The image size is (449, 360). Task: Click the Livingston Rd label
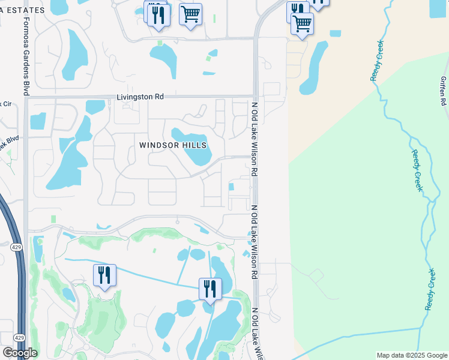click(x=140, y=97)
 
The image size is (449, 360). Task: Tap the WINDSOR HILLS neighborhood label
click(x=173, y=145)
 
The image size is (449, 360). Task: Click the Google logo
click(x=19, y=353)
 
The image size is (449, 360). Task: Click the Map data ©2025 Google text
click(x=412, y=355)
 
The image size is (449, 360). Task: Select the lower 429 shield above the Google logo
click(x=19, y=338)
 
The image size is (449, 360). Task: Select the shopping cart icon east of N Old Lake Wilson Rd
click(x=302, y=24)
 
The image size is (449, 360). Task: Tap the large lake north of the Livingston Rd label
click(x=163, y=60)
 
